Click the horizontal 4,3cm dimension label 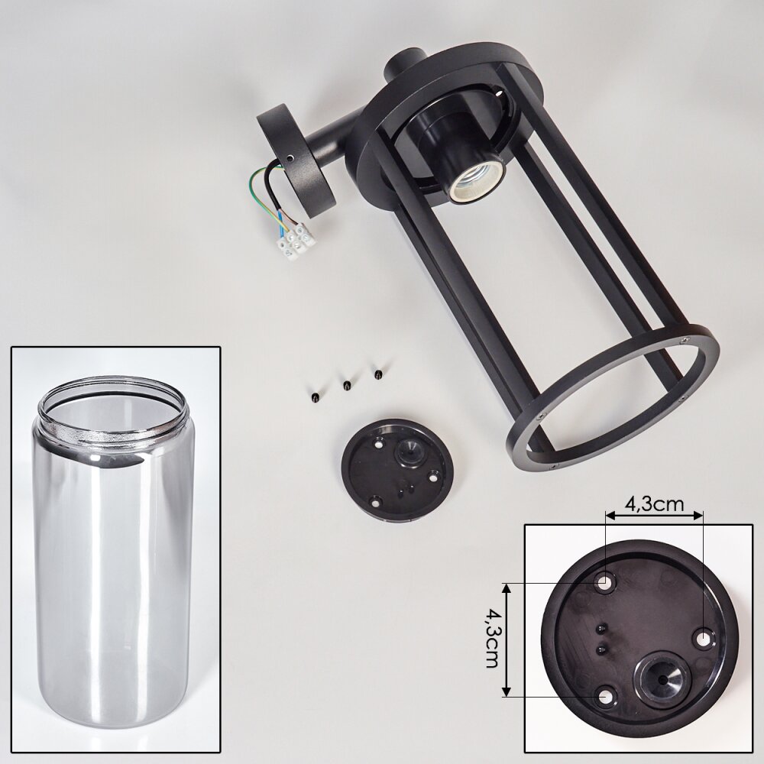(655, 503)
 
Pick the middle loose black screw (345, 385)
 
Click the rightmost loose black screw (377, 374)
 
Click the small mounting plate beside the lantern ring (394, 470)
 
